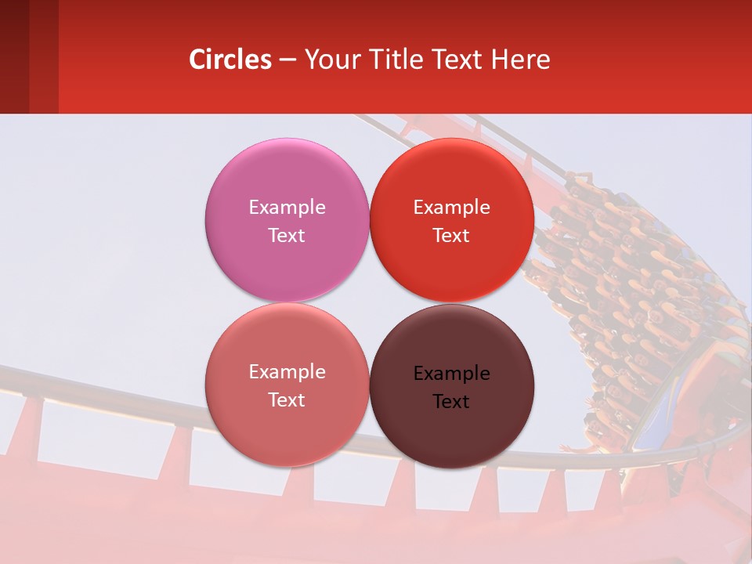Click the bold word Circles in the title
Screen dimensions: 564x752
tap(230, 60)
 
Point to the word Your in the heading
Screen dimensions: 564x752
tap(331, 60)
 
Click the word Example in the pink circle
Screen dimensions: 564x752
tap(287, 208)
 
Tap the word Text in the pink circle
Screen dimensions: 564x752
tap(287, 236)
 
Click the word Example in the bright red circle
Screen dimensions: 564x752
tap(451, 208)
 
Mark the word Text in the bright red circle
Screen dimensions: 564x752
tap(451, 236)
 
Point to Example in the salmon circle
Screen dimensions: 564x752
tap(287, 372)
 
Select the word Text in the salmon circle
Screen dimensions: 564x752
tap(287, 400)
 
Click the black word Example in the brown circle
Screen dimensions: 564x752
tap(451, 374)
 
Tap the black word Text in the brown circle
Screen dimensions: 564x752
tap(451, 402)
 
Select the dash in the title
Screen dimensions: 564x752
tap(287, 60)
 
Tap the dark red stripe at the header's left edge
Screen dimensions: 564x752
tap(14, 56)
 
